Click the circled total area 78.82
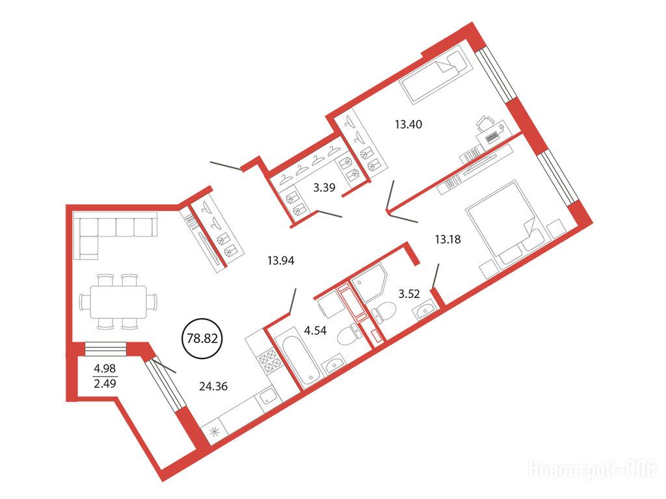coord(202,338)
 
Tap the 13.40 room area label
coord(408,124)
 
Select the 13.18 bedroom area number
coord(447,239)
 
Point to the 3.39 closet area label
coord(325,187)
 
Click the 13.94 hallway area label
coord(281,260)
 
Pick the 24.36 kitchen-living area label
coord(213,386)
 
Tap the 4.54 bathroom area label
coord(315,330)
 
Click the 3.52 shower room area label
coord(408,293)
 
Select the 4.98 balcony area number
coord(105,368)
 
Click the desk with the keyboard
coord(492,135)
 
